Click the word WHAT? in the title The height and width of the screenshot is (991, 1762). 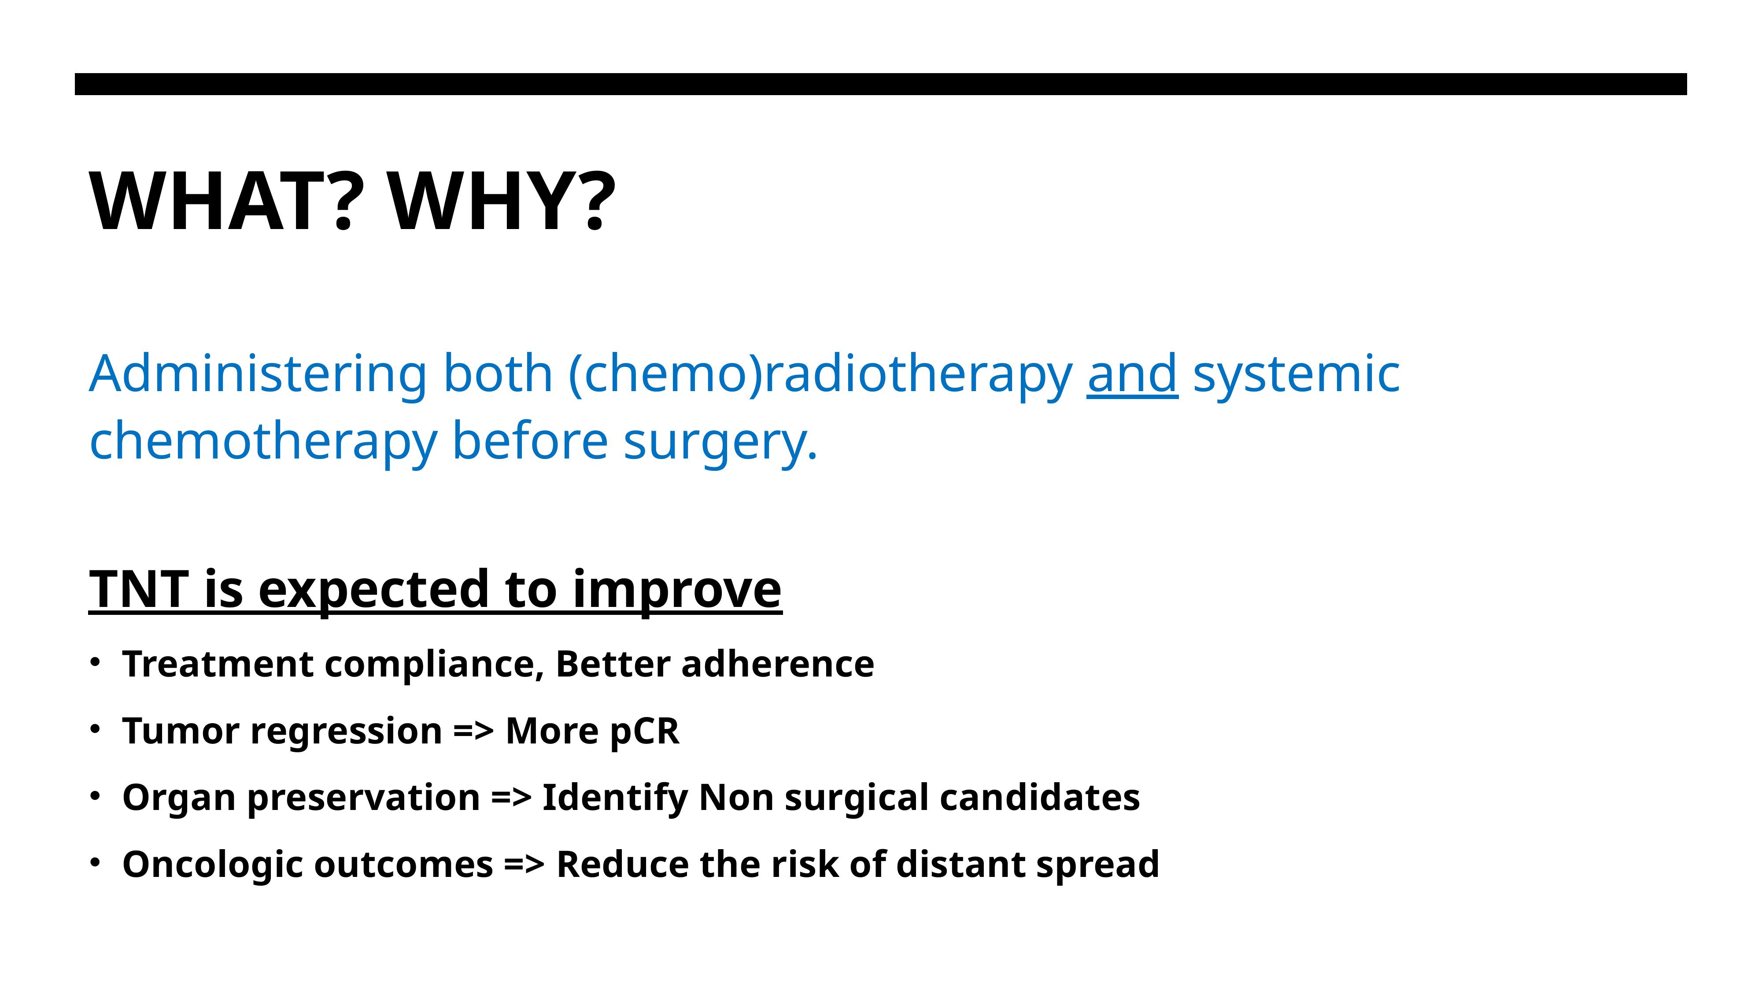pos(222,202)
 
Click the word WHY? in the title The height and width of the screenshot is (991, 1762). pos(501,202)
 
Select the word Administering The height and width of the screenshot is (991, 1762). pos(259,375)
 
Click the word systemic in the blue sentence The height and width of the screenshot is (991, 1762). pos(1296,375)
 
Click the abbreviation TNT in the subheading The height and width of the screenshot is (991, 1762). pos(139,589)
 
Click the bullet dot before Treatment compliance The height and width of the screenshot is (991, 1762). pos(95,662)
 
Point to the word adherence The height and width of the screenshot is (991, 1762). pos(778,664)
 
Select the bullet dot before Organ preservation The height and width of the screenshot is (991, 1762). pos(95,795)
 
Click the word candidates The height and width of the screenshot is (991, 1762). pos(1040,798)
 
